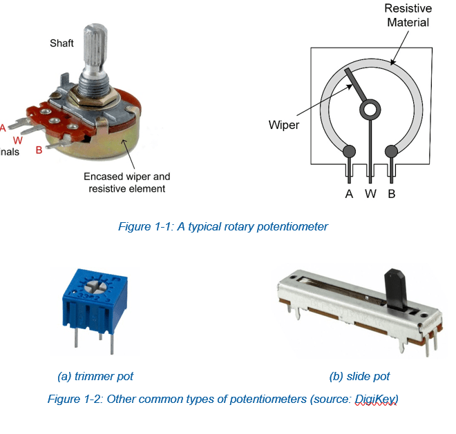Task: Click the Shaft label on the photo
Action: [x=61, y=43]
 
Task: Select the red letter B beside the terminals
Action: [x=39, y=148]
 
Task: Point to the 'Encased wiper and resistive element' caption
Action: [x=126, y=182]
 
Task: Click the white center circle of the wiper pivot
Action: [x=370, y=108]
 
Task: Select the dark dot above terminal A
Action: [x=349, y=151]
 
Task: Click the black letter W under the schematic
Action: [x=370, y=194]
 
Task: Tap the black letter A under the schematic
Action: [x=349, y=194]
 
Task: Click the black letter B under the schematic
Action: [x=392, y=194]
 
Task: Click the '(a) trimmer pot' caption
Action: [x=95, y=376]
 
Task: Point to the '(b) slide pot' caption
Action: [x=359, y=376]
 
